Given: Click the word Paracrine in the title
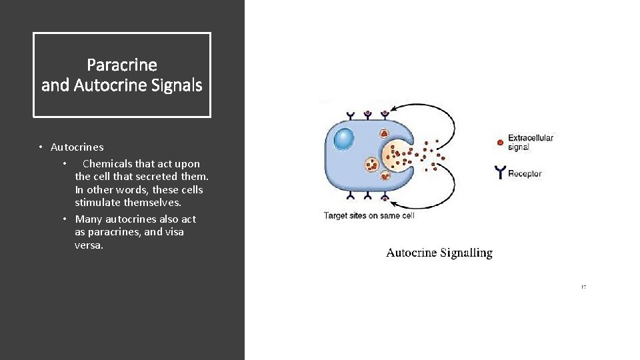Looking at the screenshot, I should [x=122, y=65].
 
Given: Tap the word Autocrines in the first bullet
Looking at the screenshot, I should [x=77, y=147].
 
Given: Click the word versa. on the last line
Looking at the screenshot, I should [x=89, y=245].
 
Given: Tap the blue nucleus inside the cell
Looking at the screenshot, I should [x=344, y=139].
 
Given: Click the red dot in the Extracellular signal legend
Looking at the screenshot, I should [x=500, y=142].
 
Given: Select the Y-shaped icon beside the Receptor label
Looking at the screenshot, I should [x=500, y=173].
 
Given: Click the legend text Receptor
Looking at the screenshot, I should [x=525, y=174].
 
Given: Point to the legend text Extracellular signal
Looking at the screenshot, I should [x=530, y=142].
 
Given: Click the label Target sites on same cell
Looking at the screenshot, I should [x=369, y=215].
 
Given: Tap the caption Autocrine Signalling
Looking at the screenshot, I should [x=439, y=253].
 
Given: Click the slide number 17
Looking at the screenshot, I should [x=583, y=287].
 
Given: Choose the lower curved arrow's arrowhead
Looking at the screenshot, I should [x=395, y=204].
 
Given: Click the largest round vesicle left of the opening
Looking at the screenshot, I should [x=372, y=164].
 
